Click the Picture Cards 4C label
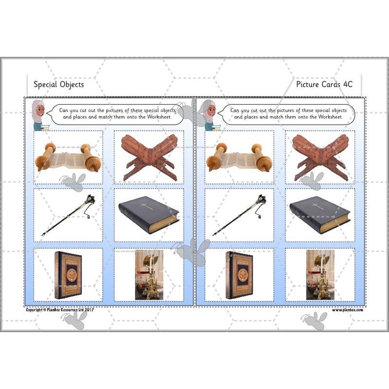[x=324, y=84]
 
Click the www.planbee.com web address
[x=348, y=309]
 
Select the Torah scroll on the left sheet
[x=68, y=157]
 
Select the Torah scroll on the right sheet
[x=239, y=157]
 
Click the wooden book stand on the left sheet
[x=149, y=157]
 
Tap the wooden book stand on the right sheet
[x=320, y=157]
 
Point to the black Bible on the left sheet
[x=149, y=214]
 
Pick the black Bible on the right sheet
[x=320, y=214]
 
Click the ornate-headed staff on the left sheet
[x=68, y=214]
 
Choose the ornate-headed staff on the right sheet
[x=239, y=214]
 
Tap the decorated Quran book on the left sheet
[x=68, y=275]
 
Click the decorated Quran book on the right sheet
[x=239, y=275]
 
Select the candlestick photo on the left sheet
[x=149, y=275]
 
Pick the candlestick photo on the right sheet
[x=320, y=275]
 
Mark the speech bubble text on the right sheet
[x=286, y=113]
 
